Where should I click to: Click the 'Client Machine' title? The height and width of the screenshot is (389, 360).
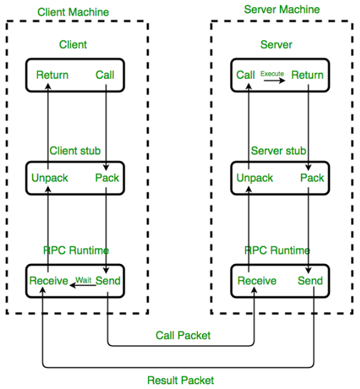(x=73, y=12)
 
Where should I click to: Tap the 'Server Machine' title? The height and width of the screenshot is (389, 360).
(x=282, y=10)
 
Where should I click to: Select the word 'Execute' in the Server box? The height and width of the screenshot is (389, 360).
(x=272, y=74)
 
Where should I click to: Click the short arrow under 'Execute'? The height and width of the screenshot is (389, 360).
(x=275, y=81)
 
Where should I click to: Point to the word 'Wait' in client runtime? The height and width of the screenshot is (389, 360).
(x=83, y=280)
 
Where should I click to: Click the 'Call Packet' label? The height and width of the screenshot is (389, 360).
(x=183, y=335)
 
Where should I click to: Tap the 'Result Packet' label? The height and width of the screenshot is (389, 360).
(x=181, y=381)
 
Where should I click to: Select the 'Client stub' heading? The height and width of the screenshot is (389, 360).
(x=75, y=151)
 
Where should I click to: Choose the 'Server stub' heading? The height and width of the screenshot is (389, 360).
(x=279, y=151)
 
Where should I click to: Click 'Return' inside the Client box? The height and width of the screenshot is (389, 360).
(x=52, y=75)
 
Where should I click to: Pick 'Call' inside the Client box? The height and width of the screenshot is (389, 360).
(x=105, y=75)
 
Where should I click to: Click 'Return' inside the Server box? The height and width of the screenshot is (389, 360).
(x=308, y=75)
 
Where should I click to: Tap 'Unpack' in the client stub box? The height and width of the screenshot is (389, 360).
(x=50, y=178)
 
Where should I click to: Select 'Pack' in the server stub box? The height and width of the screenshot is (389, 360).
(x=312, y=178)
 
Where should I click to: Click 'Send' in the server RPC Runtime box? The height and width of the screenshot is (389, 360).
(x=310, y=281)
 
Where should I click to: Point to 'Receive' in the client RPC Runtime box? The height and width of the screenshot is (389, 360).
(x=49, y=281)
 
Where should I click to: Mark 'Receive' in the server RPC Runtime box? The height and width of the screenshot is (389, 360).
(x=257, y=281)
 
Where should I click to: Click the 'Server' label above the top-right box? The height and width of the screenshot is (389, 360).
(x=276, y=44)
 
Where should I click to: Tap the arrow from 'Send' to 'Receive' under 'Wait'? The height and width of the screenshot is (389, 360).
(x=82, y=286)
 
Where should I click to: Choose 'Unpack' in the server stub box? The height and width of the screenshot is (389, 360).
(x=255, y=178)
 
